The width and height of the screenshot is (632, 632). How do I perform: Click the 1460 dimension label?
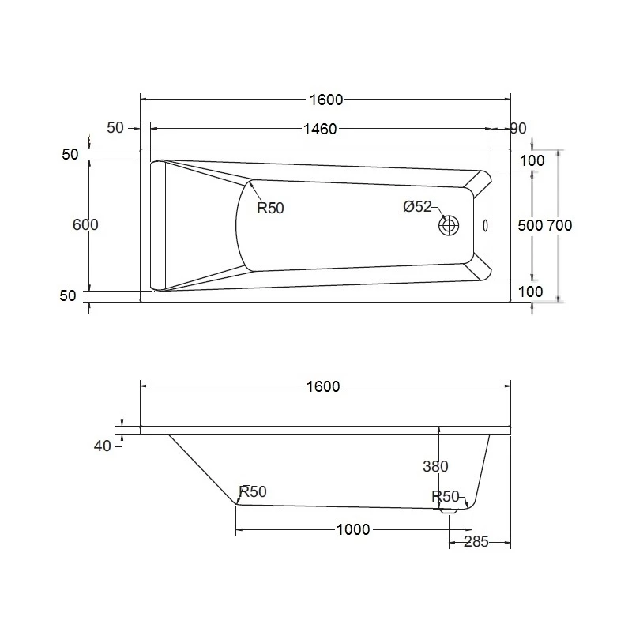point(320,129)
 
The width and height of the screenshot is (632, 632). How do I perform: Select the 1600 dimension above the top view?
point(326,100)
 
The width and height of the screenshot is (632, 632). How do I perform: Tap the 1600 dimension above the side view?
point(323,386)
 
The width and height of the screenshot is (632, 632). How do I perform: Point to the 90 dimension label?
point(518,128)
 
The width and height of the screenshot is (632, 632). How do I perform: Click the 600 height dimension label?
point(85,224)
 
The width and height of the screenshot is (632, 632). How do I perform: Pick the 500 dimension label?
point(530,225)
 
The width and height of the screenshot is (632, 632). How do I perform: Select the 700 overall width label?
point(559,225)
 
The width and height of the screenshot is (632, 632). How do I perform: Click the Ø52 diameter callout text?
point(417,206)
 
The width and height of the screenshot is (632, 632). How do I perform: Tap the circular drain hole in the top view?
point(449,225)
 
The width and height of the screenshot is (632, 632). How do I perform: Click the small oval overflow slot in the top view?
point(485,226)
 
